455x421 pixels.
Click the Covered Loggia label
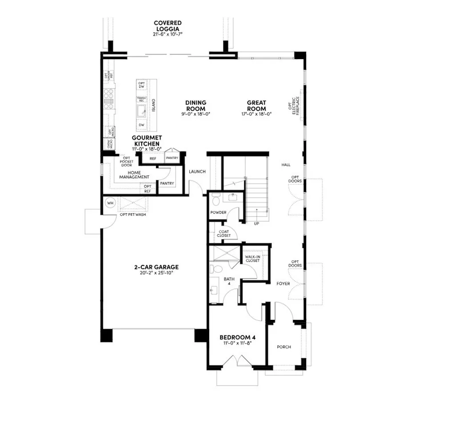click(168, 26)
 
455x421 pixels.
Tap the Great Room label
click(256, 106)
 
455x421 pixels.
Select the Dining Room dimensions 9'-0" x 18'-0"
click(196, 114)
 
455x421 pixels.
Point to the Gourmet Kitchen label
click(146, 141)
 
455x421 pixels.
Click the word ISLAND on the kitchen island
click(154, 106)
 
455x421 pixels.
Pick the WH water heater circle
click(110, 203)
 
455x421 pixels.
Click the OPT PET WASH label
click(133, 215)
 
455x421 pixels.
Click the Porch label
click(283, 347)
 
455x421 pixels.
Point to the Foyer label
click(283, 283)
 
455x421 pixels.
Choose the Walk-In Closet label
click(252, 258)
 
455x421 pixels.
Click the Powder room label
click(218, 212)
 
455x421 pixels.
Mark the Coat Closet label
click(224, 234)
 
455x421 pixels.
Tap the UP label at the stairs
click(256, 223)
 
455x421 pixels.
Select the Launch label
click(197, 172)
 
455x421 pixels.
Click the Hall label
click(286, 165)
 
